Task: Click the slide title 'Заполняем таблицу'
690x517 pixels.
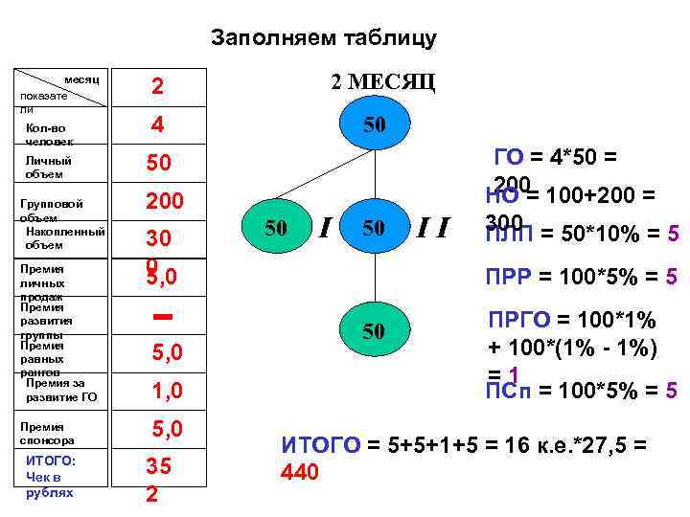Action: [323, 38]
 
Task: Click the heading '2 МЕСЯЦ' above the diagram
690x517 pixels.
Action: [382, 81]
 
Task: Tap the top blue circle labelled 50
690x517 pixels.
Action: [374, 125]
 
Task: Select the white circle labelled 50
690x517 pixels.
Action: [275, 228]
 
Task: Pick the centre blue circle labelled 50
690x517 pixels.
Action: [374, 228]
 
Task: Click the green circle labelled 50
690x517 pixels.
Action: [374, 331]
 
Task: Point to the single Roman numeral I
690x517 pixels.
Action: [326, 228]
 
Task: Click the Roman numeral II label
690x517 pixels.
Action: [432, 228]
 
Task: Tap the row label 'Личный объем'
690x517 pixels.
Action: [49, 168]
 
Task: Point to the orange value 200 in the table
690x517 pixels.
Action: [164, 201]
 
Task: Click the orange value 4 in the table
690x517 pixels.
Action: [157, 124]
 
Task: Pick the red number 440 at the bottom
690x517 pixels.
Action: [298, 472]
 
